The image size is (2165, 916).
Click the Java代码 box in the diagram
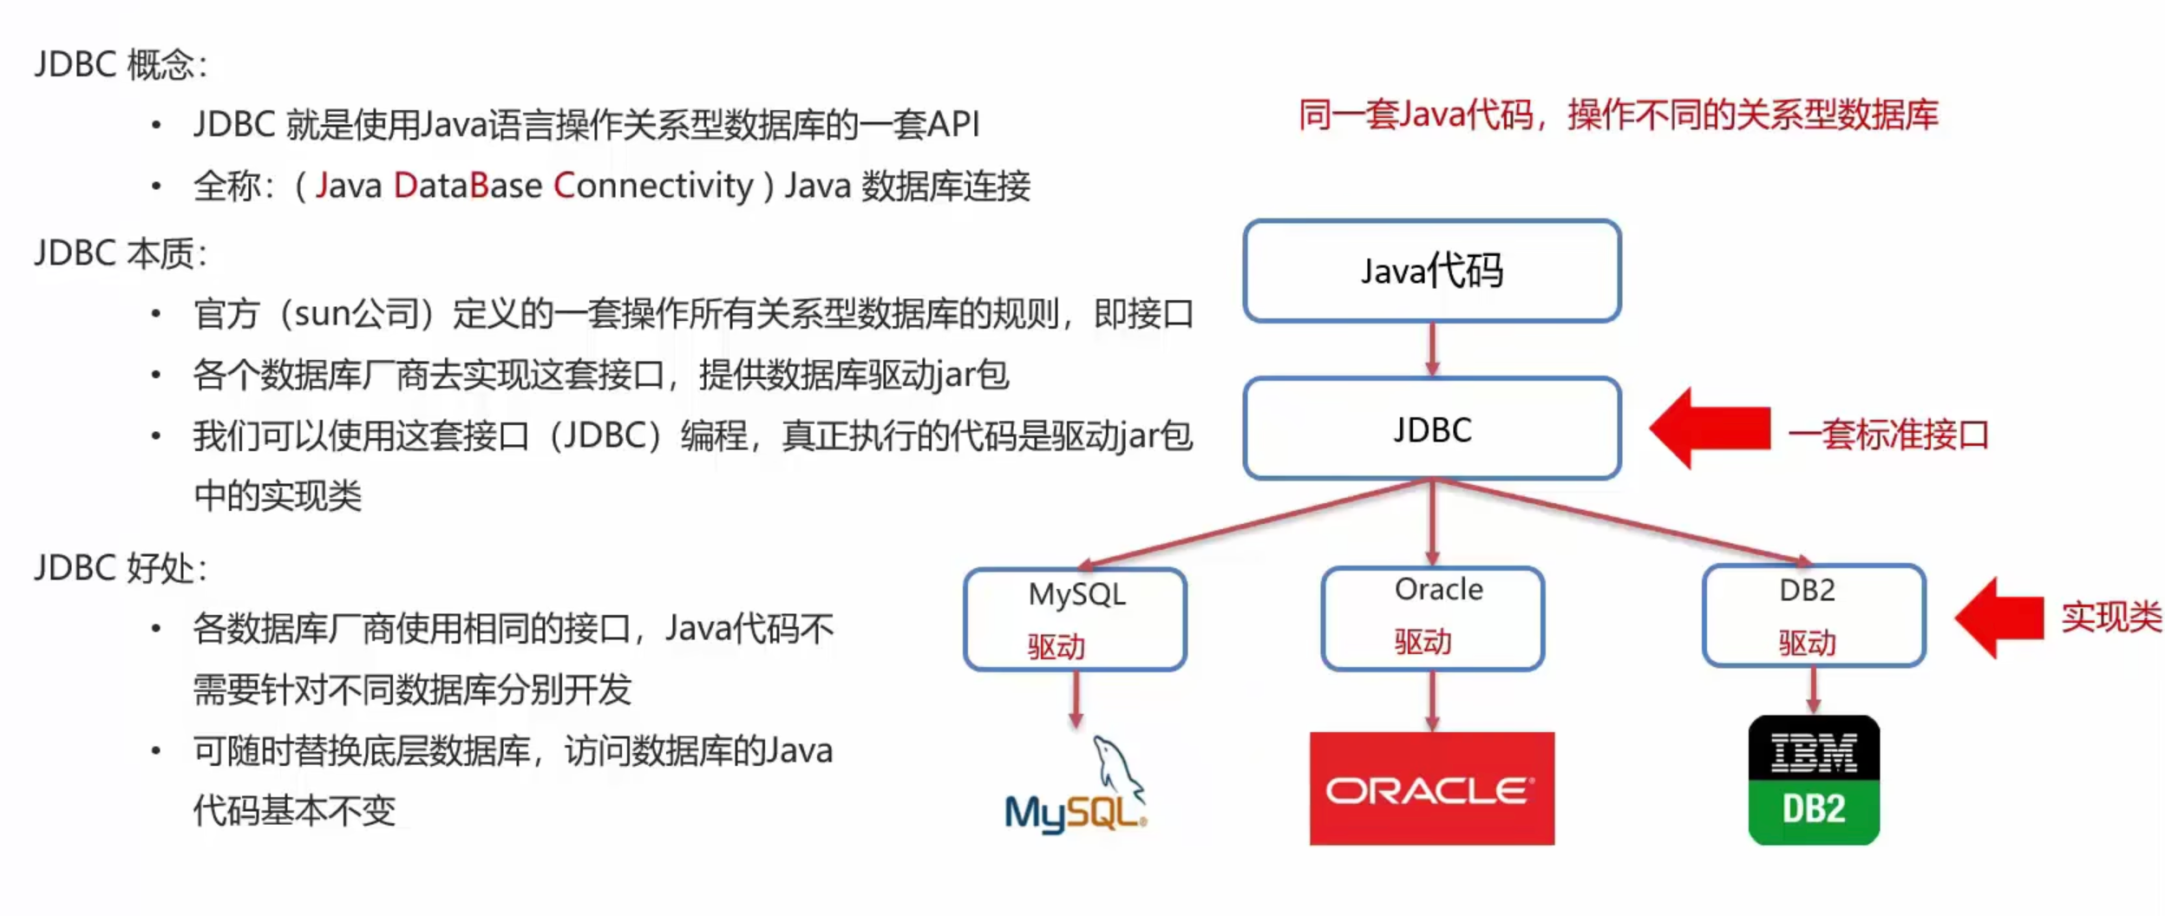[1431, 271]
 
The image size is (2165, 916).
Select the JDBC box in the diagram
[1431, 429]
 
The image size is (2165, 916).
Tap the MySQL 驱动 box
[1075, 619]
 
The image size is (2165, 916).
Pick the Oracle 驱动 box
[1432, 618]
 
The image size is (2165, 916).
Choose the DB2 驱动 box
[1813, 616]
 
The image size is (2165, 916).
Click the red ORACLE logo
[1431, 788]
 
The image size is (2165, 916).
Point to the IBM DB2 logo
[1813, 780]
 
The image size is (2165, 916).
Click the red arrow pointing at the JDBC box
[1709, 429]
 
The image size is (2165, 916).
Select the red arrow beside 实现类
[1998, 618]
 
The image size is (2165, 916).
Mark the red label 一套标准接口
[1887, 435]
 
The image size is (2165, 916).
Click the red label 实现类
[2110, 618]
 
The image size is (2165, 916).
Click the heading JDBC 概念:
[121, 65]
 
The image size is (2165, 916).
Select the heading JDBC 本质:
[121, 254]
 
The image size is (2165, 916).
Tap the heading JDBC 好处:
[121, 569]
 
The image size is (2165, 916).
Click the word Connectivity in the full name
[653, 186]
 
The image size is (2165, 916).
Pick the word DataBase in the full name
[468, 186]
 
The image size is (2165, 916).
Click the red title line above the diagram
[1618, 115]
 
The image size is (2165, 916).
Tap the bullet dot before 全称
[156, 186]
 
